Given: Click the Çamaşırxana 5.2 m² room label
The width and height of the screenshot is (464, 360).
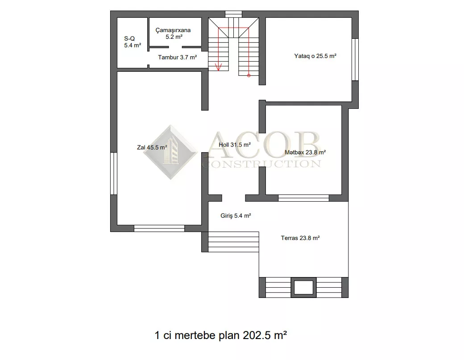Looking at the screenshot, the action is tap(173, 33).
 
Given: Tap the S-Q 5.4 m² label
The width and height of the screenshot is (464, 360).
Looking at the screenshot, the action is tap(132, 42).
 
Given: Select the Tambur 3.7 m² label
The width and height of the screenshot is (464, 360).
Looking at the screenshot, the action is tap(177, 58).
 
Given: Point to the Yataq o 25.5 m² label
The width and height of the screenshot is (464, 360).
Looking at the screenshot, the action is tap(315, 56).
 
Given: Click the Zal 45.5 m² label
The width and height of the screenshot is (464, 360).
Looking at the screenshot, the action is tap(152, 147).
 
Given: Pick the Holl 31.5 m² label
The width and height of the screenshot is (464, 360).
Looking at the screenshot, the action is tap(235, 145).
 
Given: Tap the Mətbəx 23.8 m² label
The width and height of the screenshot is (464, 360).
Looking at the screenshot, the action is tap(305, 152).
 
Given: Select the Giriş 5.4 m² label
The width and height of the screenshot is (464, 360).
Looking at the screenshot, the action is tap(236, 215).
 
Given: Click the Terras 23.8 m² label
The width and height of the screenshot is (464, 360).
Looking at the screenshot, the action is tap(300, 238).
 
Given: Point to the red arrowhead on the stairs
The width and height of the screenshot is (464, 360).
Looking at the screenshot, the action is tap(219, 67).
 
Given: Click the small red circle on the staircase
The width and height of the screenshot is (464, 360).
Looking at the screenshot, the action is tap(249, 76).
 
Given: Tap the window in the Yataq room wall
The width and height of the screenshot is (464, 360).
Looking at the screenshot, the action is tap(355, 59).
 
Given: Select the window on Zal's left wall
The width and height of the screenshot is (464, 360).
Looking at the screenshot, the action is tap(114, 174).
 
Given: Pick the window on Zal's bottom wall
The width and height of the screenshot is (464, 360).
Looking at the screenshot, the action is tap(159, 228).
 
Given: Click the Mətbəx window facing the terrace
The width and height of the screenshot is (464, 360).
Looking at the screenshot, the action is tap(304, 198).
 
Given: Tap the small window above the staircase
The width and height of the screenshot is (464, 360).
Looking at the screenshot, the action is tap(233, 14).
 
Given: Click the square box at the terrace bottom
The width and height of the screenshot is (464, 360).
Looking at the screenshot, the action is tap(304, 287).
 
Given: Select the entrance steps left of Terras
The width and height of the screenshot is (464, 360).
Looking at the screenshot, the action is tap(233, 242).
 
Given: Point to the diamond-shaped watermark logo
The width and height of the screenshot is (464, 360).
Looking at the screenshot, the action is tap(171, 152).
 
